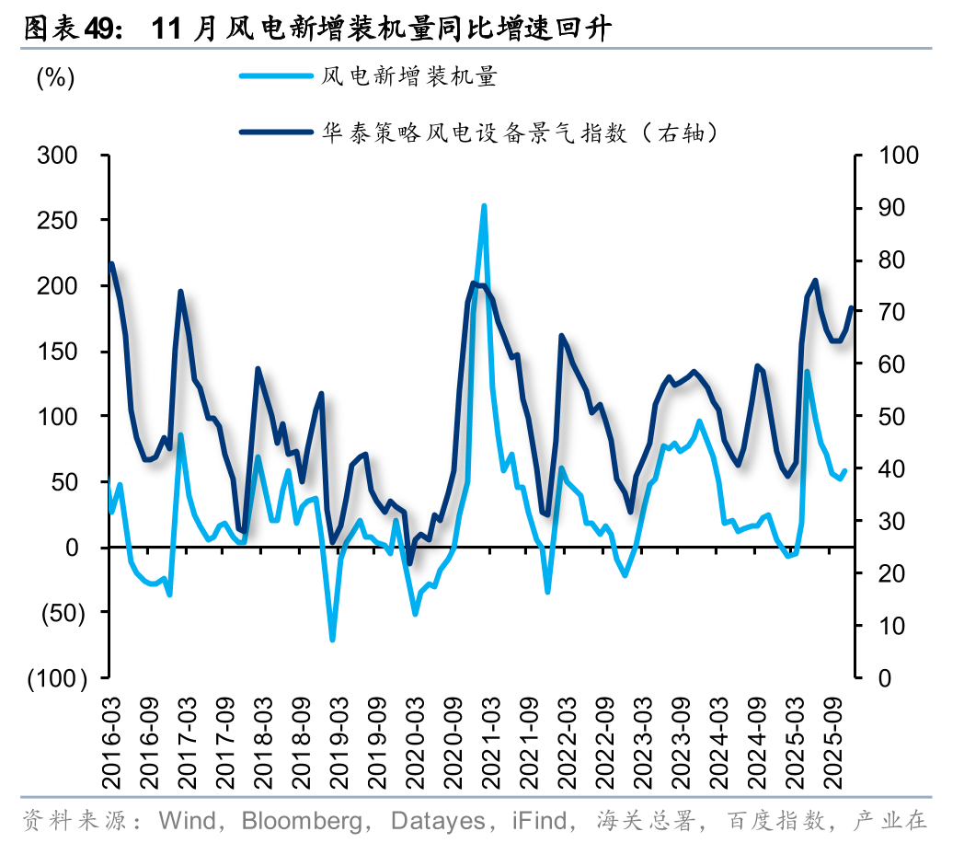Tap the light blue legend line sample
tap(274, 76)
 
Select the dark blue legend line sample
tap(274, 133)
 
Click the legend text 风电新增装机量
tap(408, 76)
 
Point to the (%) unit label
tap(55, 78)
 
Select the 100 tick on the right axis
tap(898, 155)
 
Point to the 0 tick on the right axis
tap(886, 678)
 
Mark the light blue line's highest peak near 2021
tap(484, 206)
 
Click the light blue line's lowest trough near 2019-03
tap(332, 640)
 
